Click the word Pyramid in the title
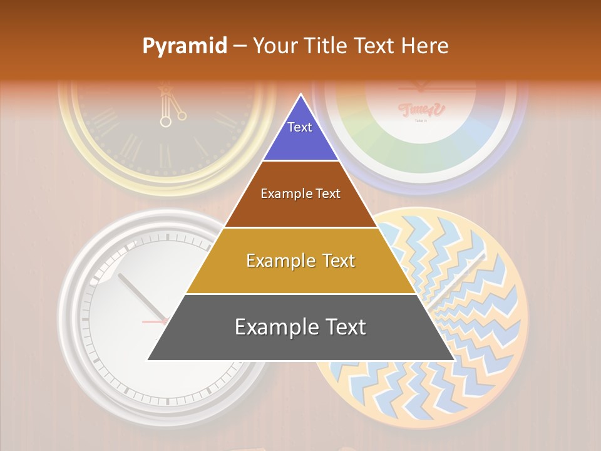tap(184, 46)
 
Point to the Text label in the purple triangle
tap(300, 127)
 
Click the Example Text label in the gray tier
tap(300, 327)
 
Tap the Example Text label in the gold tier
tap(300, 261)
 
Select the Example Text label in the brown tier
tap(300, 194)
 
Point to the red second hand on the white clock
tap(153, 321)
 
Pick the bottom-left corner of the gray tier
tap(148, 360)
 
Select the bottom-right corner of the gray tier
tap(453, 360)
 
